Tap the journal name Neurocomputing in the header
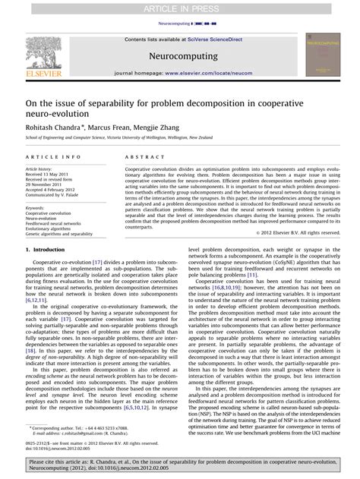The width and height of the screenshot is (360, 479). pos(180,55)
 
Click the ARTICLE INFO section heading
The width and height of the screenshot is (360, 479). pos(52,156)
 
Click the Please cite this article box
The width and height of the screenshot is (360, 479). pos(180,465)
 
